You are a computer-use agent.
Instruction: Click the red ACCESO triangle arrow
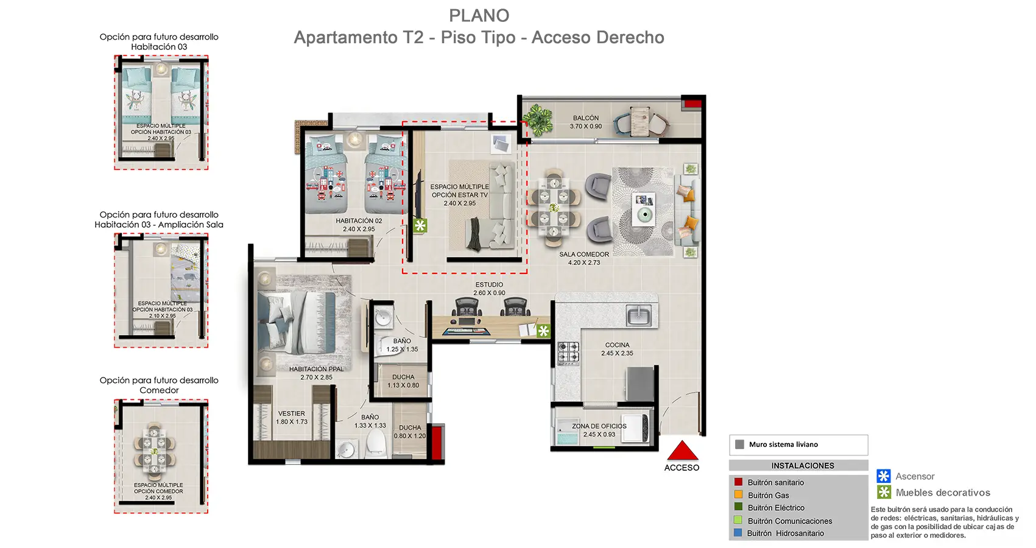(x=682, y=451)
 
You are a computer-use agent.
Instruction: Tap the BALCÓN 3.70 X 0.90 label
(x=586, y=122)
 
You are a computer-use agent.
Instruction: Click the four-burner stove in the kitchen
(x=568, y=353)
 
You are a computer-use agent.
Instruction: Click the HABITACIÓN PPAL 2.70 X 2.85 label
(x=316, y=373)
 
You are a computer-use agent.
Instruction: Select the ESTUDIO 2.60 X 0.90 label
(x=489, y=289)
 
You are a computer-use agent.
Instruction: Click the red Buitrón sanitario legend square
(x=738, y=482)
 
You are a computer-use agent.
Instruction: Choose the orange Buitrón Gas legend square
(x=738, y=495)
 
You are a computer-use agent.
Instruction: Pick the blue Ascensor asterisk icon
(x=883, y=476)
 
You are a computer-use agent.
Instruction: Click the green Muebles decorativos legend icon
(x=884, y=492)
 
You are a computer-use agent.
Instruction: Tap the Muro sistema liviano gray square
(x=739, y=444)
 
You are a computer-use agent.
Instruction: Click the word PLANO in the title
(x=479, y=15)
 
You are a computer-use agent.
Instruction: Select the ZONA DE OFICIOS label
(x=599, y=430)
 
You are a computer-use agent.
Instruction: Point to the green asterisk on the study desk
(x=543, y=331)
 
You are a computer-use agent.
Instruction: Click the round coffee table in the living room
(x=643, y=214)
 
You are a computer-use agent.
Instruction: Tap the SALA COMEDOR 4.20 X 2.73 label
(x=584, y=258)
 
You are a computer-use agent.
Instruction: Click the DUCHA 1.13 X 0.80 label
(x=403, y=381)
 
